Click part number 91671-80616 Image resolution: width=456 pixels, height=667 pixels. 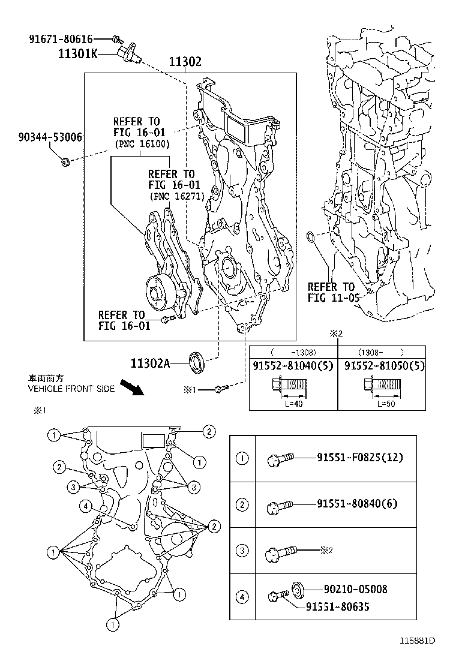pyautogui.click(x=61, y=39)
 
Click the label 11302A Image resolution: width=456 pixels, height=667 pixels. pyautogui.click(x=151, y=363)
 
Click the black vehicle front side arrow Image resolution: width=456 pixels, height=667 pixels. pyautogui.click(x=131, y=387)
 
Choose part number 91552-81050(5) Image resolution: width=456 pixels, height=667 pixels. pyautogui.click(x=382, y=366)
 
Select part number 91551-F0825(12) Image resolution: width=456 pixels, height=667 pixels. pyautogui.click(x=360, y=458)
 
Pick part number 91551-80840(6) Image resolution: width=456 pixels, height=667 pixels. pyautogui.click(x=357, y=504)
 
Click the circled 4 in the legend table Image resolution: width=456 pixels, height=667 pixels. pyautogui.click(x=242, y=597)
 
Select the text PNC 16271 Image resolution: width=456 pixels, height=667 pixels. pyautogui.click(x=176, y=196)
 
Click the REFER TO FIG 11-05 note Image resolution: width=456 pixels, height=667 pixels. pyautogui.click(x=331, y=292)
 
